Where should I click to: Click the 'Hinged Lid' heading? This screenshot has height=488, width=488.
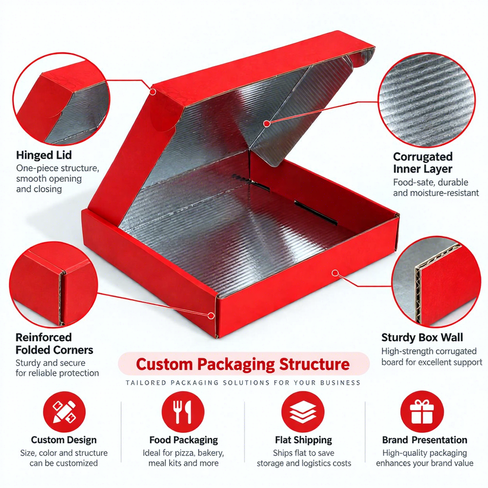click(44, 155)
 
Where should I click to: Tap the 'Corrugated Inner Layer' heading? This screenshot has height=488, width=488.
click(422, 163)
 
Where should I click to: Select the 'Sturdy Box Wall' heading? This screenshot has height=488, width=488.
click(422, 338)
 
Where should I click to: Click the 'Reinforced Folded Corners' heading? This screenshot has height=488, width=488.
click(54, 344)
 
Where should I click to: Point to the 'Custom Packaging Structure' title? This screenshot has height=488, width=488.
click(243, 364)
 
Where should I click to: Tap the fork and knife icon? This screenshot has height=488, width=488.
click(183, 412)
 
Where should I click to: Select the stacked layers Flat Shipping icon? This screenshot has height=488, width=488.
click(303, 412)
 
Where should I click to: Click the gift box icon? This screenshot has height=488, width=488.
click(422, 412)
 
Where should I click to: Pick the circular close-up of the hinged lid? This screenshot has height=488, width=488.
click(62, 99)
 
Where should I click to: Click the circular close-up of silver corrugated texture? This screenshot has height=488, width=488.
click(426, 100)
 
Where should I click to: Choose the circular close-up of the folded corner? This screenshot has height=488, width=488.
click(53, 285)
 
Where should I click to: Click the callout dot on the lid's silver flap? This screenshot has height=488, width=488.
click(266, 124)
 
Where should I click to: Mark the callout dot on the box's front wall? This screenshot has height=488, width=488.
click(335, 273)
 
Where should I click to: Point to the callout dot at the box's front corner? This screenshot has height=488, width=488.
click(211, 316)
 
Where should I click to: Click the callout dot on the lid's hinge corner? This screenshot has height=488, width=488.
click(152, 91)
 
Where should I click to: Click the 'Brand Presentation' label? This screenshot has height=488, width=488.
click(424, 440)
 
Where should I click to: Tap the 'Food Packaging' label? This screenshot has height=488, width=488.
click(184, 440)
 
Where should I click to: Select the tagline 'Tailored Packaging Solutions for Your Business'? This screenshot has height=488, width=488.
click(243, 382)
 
